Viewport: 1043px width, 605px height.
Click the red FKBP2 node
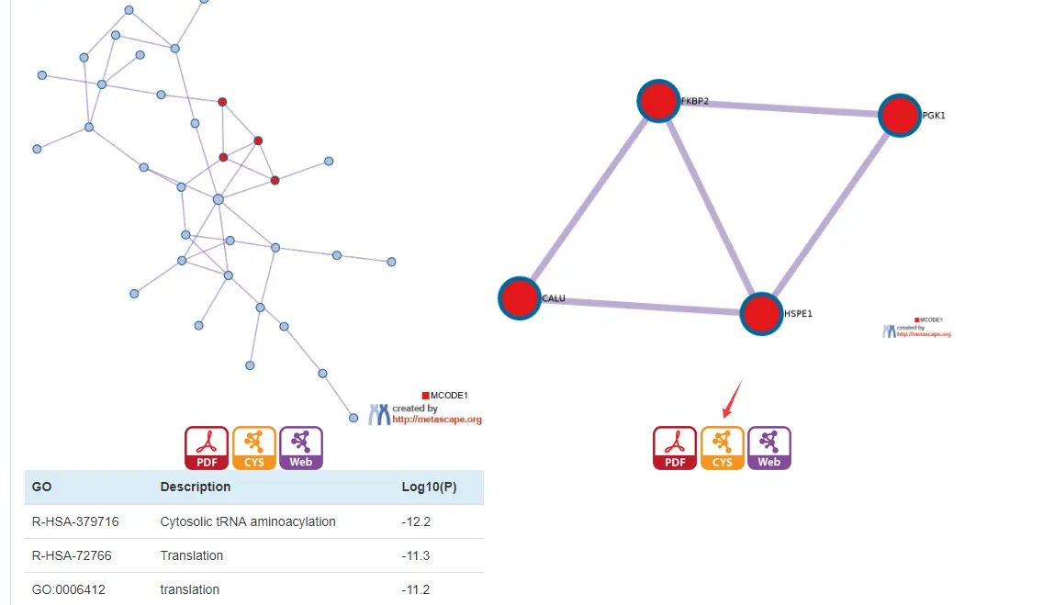click(659, 101)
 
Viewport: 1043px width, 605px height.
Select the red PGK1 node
click(900, 116)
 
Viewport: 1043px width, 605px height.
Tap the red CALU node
click(520, 298)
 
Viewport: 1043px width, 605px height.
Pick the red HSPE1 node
click(762, 314)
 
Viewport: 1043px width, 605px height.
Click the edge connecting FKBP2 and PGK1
click(780, 108)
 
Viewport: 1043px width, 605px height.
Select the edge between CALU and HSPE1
click(641, 306)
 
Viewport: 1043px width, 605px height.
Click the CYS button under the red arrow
click(723, 448)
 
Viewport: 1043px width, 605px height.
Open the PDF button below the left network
click(207, 448)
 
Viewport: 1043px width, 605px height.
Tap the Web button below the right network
click(769, 448)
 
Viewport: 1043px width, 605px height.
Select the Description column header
click(195, 487)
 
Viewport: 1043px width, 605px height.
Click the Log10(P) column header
click(429, 487)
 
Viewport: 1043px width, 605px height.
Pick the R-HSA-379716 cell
click(75, 521)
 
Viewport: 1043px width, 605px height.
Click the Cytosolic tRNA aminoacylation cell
click(248, 521)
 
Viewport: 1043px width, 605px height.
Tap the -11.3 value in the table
click(416, 555)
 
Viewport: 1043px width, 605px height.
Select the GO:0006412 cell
click(69, 589)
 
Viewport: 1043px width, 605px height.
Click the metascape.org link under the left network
click(436, 420)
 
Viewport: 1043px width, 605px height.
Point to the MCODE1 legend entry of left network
click(445, 396)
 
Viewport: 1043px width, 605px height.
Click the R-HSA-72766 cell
click(69, 555)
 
